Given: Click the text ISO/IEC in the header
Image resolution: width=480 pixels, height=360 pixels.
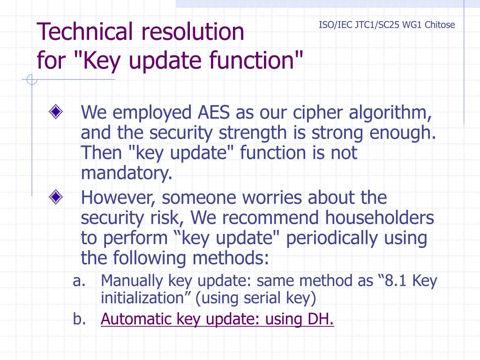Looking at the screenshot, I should (334, 25).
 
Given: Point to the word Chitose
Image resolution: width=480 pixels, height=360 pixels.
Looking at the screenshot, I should (440, 25).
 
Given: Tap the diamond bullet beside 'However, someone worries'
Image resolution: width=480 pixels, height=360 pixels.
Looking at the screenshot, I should (56, 197).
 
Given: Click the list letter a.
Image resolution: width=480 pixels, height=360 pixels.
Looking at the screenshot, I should (78, 281).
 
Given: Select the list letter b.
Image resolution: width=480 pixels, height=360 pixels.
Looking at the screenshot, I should (78, 319).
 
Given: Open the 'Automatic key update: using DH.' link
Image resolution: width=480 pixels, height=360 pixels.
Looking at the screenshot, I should (217, 319).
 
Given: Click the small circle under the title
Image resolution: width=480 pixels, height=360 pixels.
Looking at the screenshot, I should (31, 80).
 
